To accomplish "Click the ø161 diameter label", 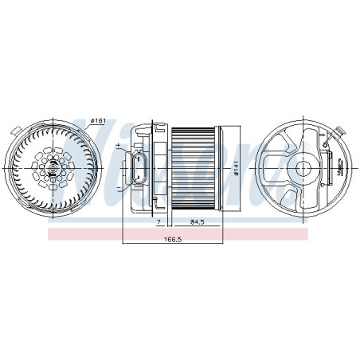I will [98, 120].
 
